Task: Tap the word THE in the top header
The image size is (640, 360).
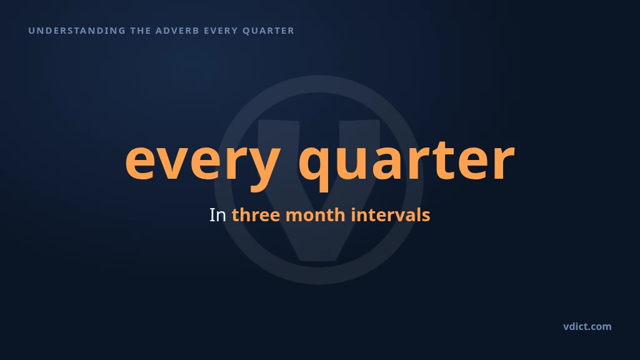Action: [141, 31]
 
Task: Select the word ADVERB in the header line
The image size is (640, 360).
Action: [177, 31]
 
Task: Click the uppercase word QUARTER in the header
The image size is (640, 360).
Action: [268, 31]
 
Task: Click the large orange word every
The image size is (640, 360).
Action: [203, 163]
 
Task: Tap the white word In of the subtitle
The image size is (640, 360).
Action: [217, 215]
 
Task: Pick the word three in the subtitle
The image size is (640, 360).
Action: [256, 215]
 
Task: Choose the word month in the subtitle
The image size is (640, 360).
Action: [316, 215]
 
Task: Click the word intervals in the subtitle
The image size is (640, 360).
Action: [390, 215]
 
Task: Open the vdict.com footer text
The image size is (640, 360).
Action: [587, 326]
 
